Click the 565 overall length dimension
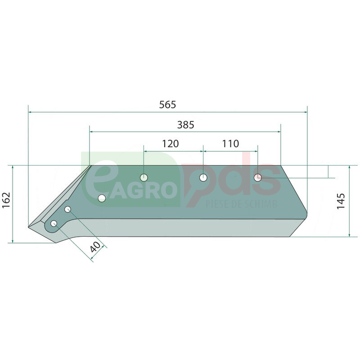(x=167, y=105)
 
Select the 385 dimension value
(x=186, y=125)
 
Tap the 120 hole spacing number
(x=171, y=144)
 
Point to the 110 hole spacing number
(x=230, y=144)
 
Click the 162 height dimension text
(x=6, y=200)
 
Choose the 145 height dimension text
(x=341, y=201)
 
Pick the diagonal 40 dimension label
(x=95, y=247)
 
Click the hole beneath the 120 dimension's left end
(x=144, y=177)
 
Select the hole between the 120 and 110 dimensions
(x=203, y=177)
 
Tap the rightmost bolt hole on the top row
(x=257, y=177)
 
